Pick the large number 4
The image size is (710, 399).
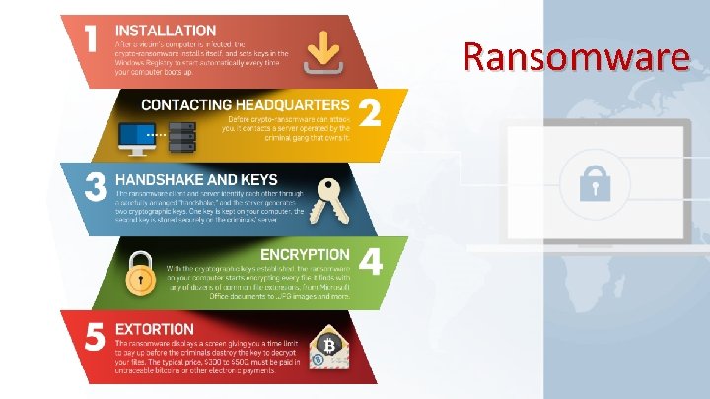371,264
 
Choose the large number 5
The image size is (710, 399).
94,337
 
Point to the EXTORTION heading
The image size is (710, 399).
155,328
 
